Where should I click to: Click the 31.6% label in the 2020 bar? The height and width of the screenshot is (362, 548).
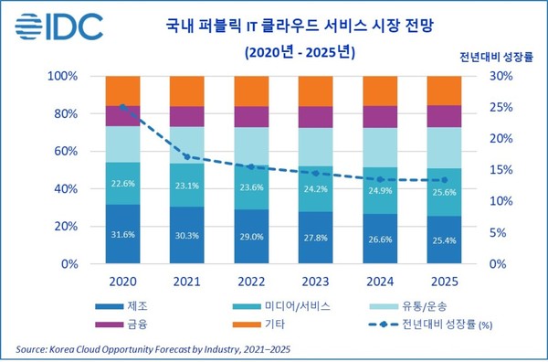(x=123, y=234)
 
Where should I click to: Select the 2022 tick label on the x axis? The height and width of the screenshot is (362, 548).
(x=252, y=282)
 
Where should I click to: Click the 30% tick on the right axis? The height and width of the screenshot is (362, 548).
(x=494, y=76)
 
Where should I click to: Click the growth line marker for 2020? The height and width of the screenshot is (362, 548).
(x=123, y=107)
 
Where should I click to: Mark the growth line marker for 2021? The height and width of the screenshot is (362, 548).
(x=187, y=157)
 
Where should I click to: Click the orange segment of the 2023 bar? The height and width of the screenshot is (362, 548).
(x=316, y=90)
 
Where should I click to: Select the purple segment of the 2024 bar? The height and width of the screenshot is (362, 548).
(x=380, y=117)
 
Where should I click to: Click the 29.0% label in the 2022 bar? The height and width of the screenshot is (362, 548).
(x=252, y=237)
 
